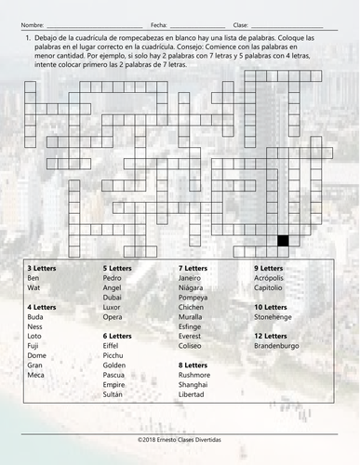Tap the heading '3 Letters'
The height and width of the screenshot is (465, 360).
tap(42, 267)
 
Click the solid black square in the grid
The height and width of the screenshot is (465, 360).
tap(282, 240)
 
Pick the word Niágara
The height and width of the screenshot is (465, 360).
tap(192, 287)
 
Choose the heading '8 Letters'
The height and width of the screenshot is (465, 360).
tap(193, 365)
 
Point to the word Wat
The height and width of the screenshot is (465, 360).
tap(34, 287)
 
